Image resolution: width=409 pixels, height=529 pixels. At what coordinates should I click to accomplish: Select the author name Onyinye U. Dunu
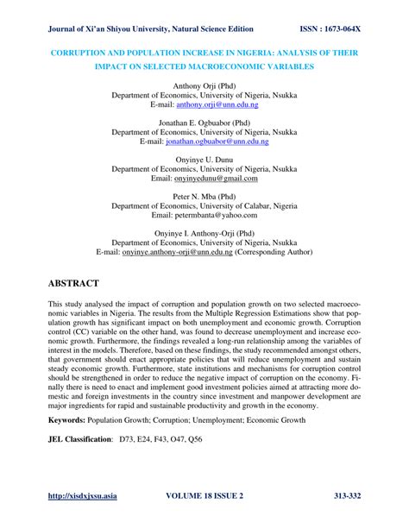coord(204,160)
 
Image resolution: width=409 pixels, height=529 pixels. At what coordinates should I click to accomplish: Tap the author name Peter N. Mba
coord(197,197)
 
